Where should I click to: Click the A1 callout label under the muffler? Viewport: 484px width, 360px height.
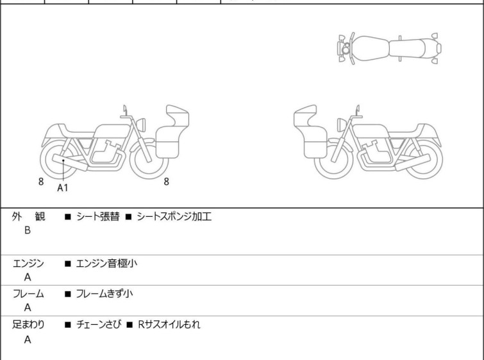tap(62, 187)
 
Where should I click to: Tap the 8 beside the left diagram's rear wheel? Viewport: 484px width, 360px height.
tap(41, 182)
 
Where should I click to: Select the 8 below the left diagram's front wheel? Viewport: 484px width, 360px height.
tap(167, 182)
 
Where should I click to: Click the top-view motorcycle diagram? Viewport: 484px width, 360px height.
tap(390, 49)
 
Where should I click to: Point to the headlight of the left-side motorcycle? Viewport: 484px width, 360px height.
tap(141, 125)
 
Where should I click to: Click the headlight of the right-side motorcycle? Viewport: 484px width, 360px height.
tap(342, 125)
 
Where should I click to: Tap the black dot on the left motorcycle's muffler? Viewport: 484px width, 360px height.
tap(63, 160)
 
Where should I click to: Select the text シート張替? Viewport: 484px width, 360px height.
tap(98, 216)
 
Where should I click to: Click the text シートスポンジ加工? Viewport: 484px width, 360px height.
tap(174, 216)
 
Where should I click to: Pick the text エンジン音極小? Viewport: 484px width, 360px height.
tap(106, 263)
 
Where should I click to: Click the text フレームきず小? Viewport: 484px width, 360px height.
tap(104, 293)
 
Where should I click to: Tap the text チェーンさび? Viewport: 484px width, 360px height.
tap(99, 324)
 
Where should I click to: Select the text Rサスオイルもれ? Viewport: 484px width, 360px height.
tap(169, 324)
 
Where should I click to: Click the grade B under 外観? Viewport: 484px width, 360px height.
tap(28, 230)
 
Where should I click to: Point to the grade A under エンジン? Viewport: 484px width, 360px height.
tap(28, 277)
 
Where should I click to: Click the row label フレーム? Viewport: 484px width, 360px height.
tap(28, 293)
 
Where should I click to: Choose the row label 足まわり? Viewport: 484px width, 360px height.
tap(28, 324)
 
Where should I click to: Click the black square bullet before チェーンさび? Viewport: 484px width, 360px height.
tap(68, 325)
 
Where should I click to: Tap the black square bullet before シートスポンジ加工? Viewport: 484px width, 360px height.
tap(128, 217)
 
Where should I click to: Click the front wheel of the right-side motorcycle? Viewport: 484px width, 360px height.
tap(334, 159)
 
